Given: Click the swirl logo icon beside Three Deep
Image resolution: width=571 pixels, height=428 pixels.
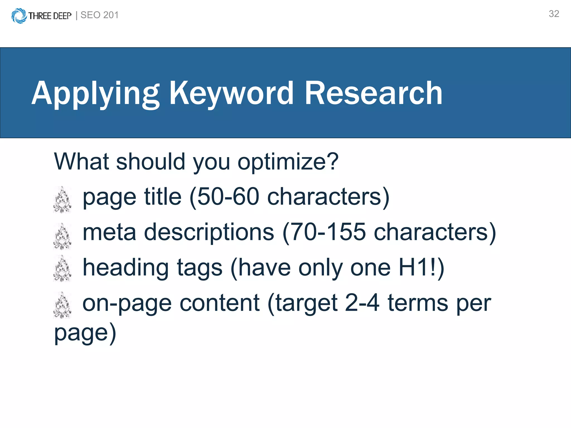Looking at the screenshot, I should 19,16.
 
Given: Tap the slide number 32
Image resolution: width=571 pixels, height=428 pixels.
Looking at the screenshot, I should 554,14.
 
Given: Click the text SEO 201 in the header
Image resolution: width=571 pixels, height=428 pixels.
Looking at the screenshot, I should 100,15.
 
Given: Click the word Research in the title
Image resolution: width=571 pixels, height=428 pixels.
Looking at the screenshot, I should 373,93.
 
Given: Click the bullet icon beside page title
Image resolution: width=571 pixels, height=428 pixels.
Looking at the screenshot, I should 62,200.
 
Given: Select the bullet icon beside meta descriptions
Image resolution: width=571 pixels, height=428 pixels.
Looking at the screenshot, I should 62,236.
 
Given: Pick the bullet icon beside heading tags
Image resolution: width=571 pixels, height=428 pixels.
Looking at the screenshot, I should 62,268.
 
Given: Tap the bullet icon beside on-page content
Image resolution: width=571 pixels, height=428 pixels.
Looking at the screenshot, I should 62,305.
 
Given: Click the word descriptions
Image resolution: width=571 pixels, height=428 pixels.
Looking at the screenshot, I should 209,232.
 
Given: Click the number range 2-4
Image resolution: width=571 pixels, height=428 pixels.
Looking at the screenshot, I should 362,303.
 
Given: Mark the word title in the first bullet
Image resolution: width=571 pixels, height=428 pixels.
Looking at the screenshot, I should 163,197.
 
